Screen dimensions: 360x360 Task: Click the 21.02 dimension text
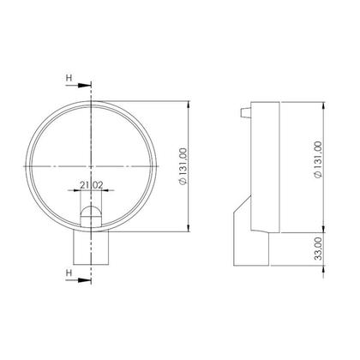tap(92, 184)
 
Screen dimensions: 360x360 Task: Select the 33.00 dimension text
tap(318, 249)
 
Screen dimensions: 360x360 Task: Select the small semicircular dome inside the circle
tap(92, 213)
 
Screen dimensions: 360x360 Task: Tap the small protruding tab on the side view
tap(246, 111)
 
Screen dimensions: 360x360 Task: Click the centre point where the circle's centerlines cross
tap(92, 165)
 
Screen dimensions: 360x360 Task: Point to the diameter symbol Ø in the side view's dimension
tap(318, 176)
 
